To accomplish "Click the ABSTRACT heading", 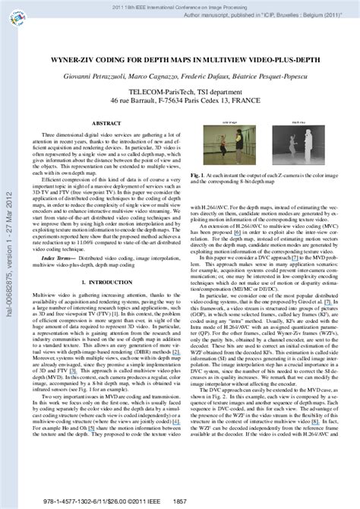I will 104,122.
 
